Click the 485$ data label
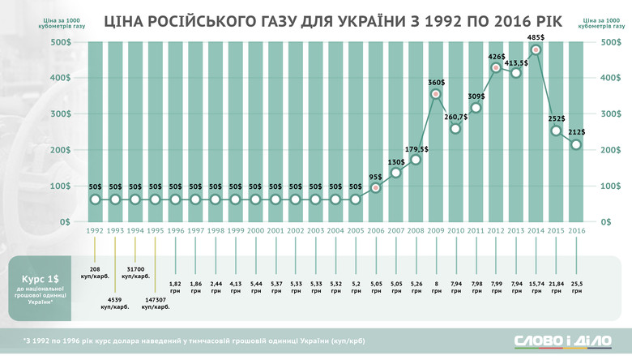[536, 37]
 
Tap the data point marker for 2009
[436, 95]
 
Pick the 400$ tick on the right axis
[613, 79]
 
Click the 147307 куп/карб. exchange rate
[158, 304]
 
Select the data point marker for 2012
[496, 68]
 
